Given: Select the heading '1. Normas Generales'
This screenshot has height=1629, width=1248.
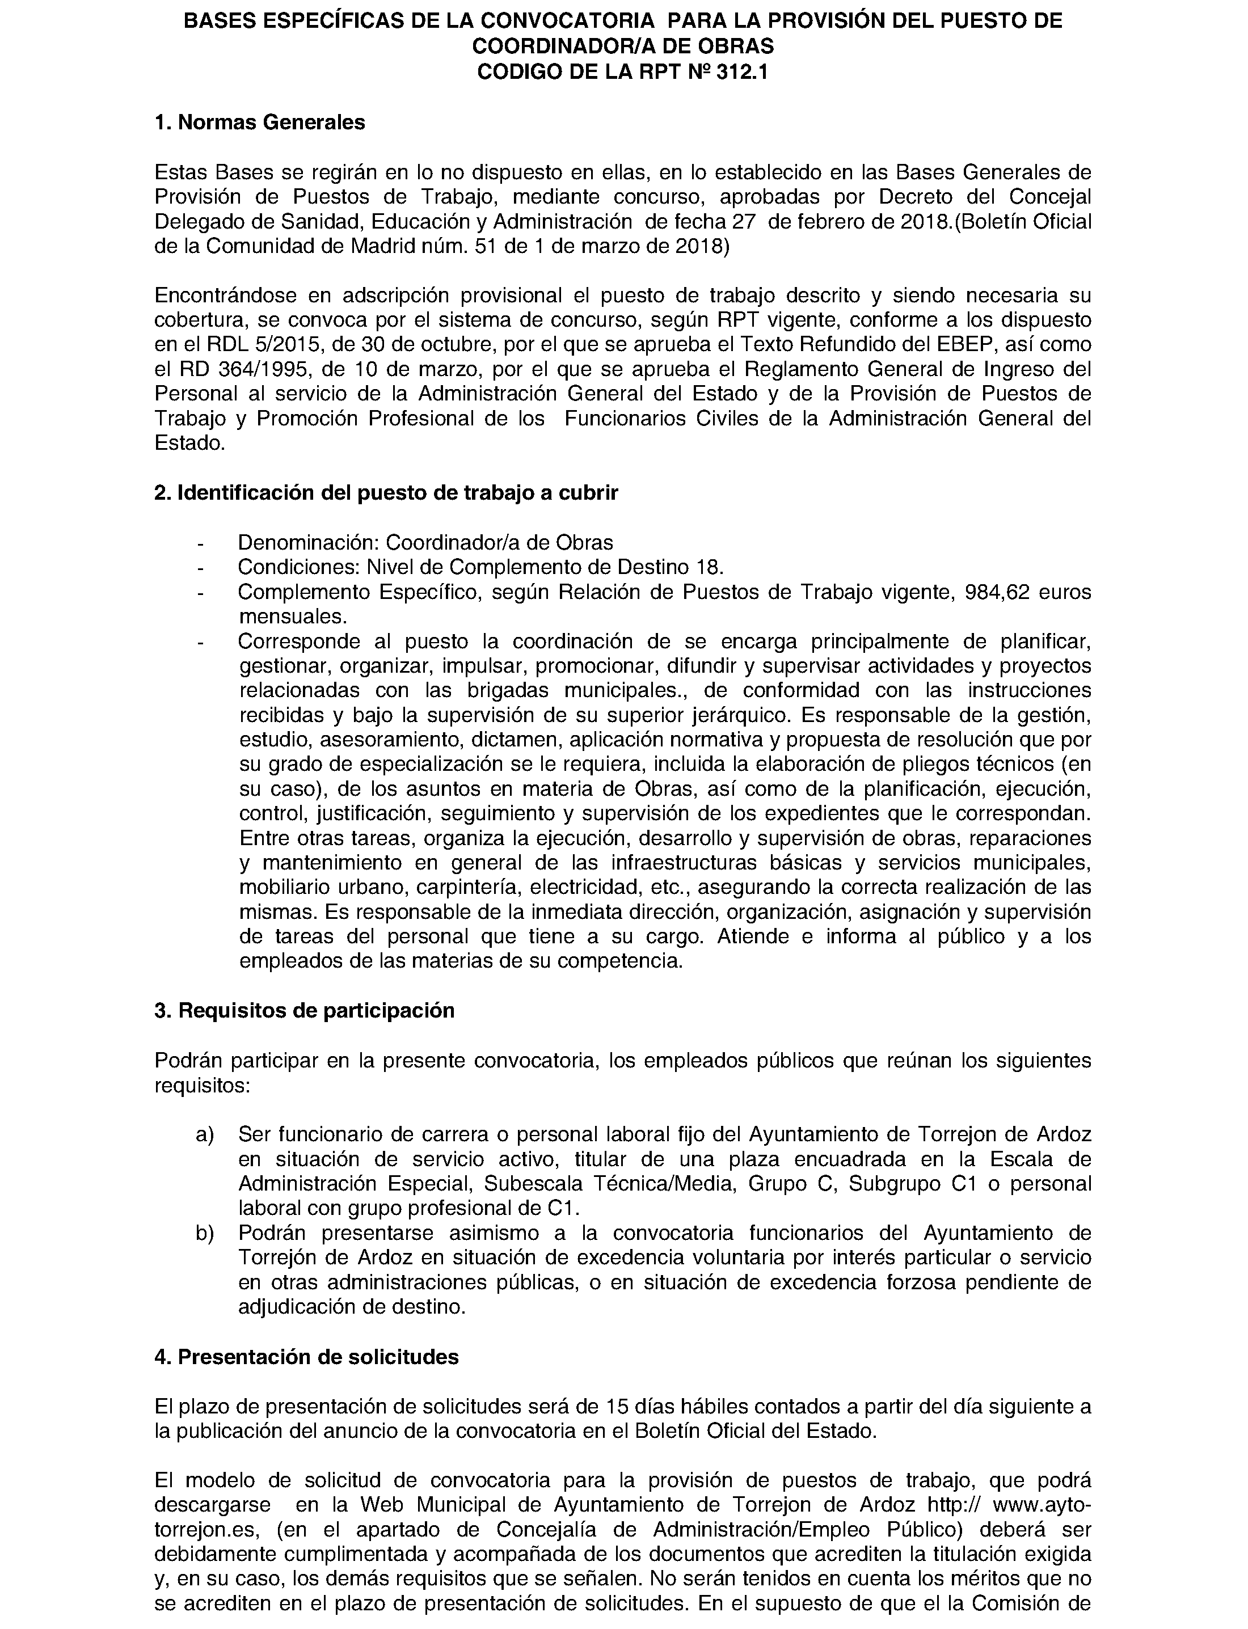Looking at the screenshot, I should tap(259, 122).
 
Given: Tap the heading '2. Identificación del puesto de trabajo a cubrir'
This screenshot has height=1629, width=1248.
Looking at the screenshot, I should tap(386, 492).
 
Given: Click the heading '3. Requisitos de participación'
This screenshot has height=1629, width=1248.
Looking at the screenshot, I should tap(304, 1010).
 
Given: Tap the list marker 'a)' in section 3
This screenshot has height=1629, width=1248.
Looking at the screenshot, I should tap(204, 1134).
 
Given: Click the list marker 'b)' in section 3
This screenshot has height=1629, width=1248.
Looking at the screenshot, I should tap(204, 1233).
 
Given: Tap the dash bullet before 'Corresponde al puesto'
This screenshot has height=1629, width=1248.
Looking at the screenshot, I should tap(200, 641).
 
